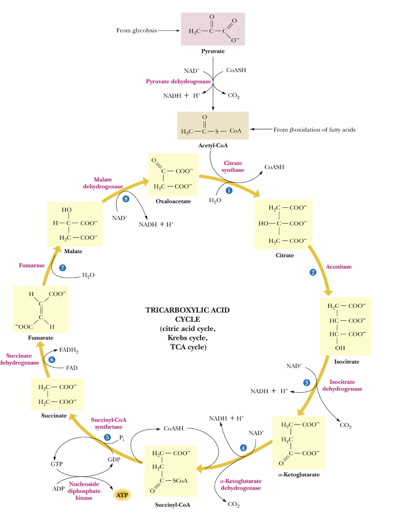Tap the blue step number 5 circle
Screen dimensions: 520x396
[x=107, y=437]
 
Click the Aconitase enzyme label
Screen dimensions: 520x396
[x=339, y=267]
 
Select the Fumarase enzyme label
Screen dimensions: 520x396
[x=32, y=265]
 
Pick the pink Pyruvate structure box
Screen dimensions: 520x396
[x=213, y=29]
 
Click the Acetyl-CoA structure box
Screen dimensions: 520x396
[x=213, y=126]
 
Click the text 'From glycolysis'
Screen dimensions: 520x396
[x=136, y=30]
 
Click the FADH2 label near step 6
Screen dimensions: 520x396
[x=69, y=351]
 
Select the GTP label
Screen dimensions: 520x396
[x=58, y=463]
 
